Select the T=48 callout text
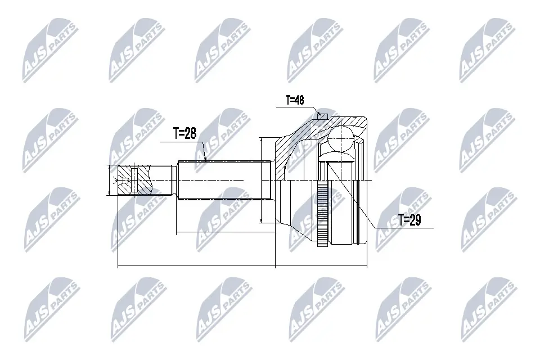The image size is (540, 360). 295,101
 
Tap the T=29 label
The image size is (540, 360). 409,220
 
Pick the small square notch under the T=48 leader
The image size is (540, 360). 322,116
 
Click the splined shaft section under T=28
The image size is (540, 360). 225,180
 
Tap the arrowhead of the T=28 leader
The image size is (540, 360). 205,159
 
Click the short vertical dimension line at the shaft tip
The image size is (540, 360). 108,180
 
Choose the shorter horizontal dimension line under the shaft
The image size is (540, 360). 225,231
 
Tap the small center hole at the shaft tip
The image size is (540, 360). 125,180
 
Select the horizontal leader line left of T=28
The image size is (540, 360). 180,142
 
